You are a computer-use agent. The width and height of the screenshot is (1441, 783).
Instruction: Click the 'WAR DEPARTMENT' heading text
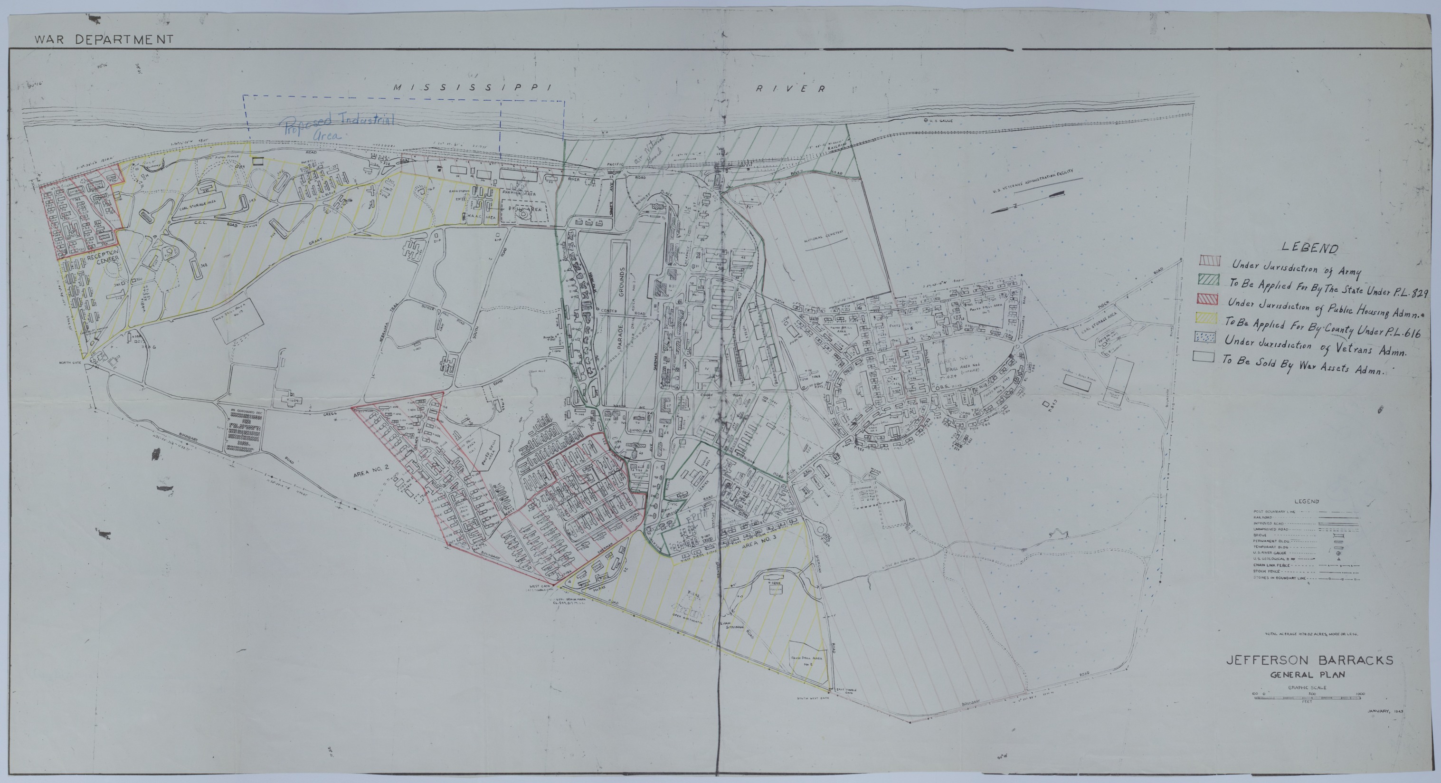[x=104, y=40]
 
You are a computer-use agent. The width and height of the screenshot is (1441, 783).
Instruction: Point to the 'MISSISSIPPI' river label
[x=472, y=87]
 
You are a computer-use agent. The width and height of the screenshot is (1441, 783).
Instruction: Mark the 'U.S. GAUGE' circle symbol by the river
[x=926, y=120]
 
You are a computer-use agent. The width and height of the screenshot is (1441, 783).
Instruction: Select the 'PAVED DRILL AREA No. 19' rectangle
[x=237, y=320]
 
